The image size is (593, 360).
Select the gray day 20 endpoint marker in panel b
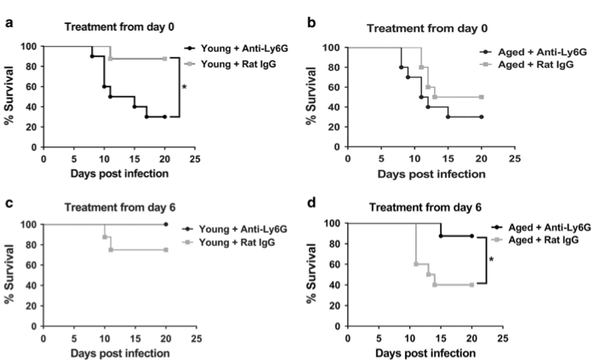482,97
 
